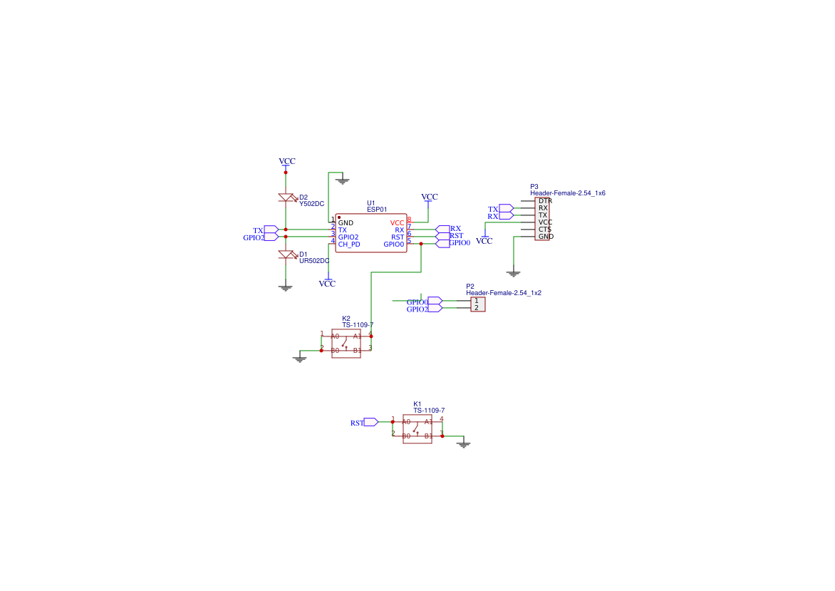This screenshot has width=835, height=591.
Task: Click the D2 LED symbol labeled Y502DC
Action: [286, 198]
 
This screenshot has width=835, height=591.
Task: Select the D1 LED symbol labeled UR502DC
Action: [286, 255]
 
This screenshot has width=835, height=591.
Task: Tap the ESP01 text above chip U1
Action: [377, 210]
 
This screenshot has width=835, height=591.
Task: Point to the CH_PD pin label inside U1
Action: [349, 244]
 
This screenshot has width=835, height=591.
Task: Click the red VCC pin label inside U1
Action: [397, 223]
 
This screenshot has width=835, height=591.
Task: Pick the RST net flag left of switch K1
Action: [370, 422]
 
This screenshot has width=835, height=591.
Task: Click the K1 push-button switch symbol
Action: [417, 428]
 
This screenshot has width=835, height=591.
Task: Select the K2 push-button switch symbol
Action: [346, 343]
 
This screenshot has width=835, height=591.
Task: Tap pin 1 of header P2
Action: [477, 301]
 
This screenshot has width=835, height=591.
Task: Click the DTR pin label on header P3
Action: [545, 201]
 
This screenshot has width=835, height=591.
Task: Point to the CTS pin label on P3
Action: [544, 230]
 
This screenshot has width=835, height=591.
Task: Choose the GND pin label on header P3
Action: [545, 237]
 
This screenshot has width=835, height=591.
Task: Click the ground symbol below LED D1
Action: [286, 287]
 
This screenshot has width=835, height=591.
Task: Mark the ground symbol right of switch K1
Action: [464, 444]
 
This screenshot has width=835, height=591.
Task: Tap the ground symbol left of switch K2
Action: [300, 359]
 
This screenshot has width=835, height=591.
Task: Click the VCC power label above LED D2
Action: [286, 162]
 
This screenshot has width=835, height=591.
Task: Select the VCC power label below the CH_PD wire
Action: [327, 283]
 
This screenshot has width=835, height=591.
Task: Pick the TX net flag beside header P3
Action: [506, 208]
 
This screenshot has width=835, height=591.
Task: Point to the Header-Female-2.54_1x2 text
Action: [503, 293]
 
